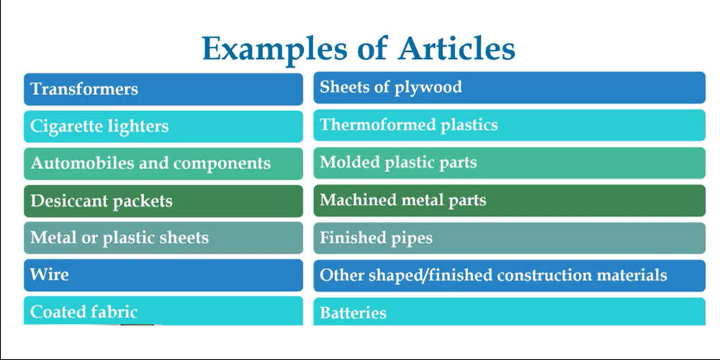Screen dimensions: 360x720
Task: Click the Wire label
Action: tap(50, 275)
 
